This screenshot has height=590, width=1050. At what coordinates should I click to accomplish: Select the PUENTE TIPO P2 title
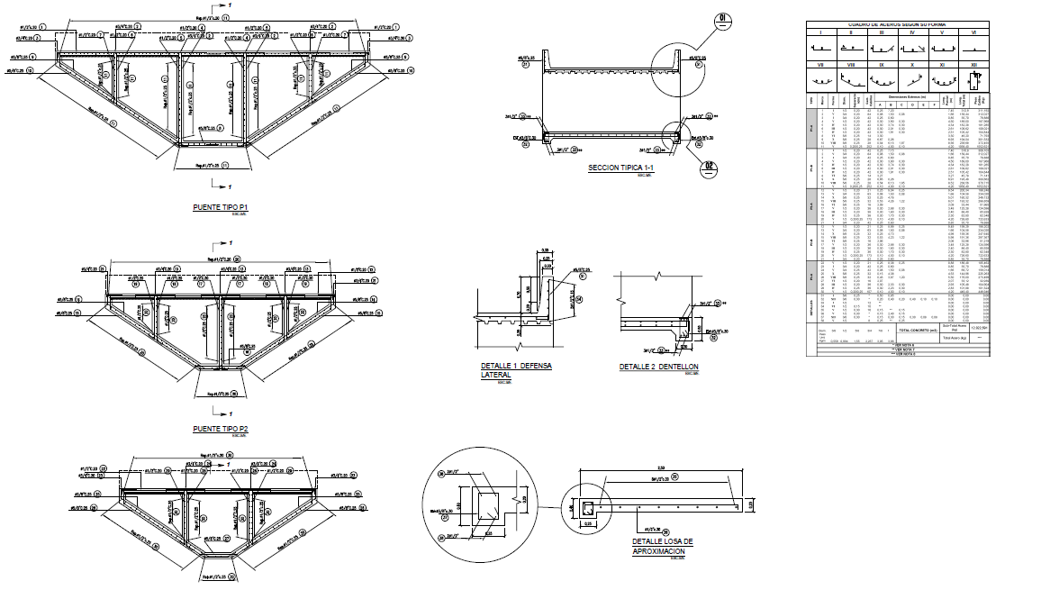[x=221, y=429]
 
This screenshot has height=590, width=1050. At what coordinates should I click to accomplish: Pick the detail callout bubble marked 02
[x=709, y=166]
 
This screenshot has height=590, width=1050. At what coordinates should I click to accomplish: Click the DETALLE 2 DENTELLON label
[x=658, y=367]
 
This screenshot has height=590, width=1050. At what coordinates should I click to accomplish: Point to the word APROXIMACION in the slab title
[x=663, y=549]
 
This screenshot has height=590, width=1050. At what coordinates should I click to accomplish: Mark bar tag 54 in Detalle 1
[x=580, y=299]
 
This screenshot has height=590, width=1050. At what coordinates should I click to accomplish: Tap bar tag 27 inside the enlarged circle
[x=442, y=474]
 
